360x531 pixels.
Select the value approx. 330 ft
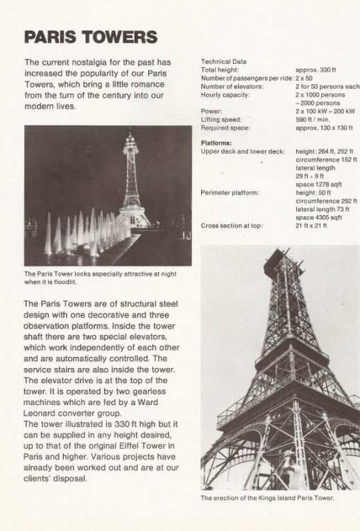pyautogui.click(x=320, y=70)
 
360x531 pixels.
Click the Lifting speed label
pyautogui.click(x=222, y=120)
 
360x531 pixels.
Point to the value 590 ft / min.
pyautogui.click(x=316, y=120)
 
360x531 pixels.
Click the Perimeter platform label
pyautogui.click(x=230, y=193)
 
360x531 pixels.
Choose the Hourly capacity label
pyautogui.click(x=226, y=95)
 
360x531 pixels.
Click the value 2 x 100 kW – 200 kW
pyautogui.click(x=325, y=112)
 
